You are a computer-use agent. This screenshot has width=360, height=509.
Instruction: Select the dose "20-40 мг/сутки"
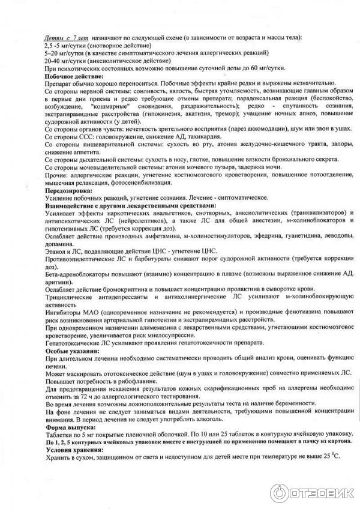point(62,61)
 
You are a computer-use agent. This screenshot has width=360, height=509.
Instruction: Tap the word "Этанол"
point(56,251)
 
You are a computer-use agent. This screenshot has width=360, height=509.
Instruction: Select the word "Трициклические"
point(69,297)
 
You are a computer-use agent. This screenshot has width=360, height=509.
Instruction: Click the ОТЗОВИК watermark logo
point(312,492)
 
